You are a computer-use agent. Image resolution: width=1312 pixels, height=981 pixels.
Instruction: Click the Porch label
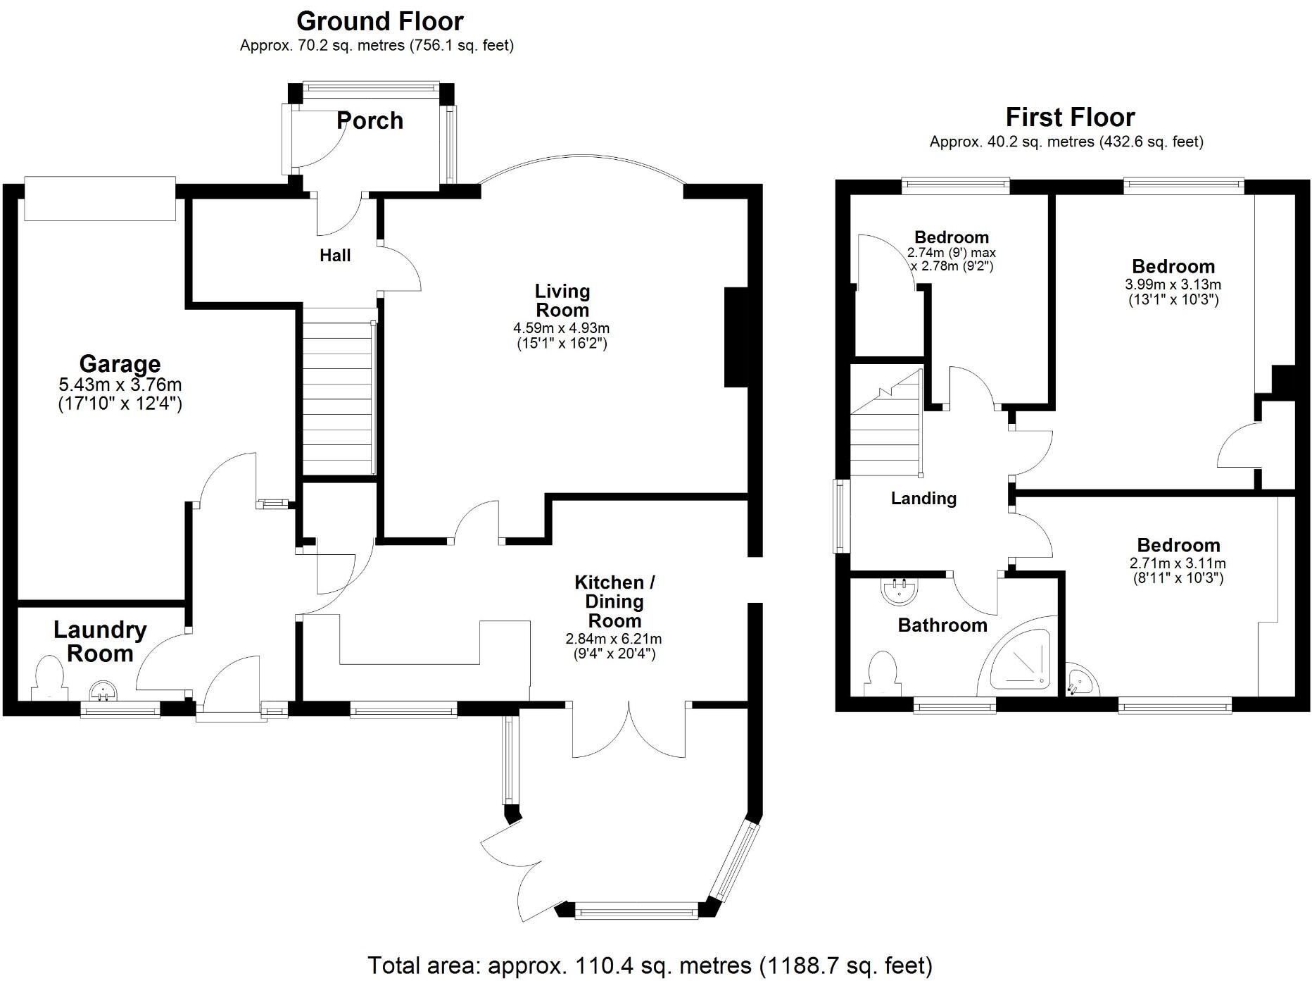(370, 120)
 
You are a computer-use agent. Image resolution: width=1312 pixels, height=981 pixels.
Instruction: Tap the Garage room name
(120, 363)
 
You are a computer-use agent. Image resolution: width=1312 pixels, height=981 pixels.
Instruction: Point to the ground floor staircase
(337, 392)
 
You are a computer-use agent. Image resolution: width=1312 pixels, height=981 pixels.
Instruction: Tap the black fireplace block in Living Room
(736, 337)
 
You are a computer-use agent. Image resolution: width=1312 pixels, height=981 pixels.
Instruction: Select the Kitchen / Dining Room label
(614, 601)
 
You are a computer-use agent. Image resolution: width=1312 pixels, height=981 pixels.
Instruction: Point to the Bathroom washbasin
(899, 591)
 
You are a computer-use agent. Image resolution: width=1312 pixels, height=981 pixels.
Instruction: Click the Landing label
(923, 499)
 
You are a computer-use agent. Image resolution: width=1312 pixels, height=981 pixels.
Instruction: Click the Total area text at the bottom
(650, 965)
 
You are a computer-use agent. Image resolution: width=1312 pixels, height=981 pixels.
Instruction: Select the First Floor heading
(1070, 117)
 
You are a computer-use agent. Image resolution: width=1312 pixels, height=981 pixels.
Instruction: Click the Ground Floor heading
(379, 22)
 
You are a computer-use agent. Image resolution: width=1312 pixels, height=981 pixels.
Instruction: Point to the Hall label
(335, 256)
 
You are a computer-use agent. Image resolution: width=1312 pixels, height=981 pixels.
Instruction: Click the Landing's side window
(841, 516)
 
